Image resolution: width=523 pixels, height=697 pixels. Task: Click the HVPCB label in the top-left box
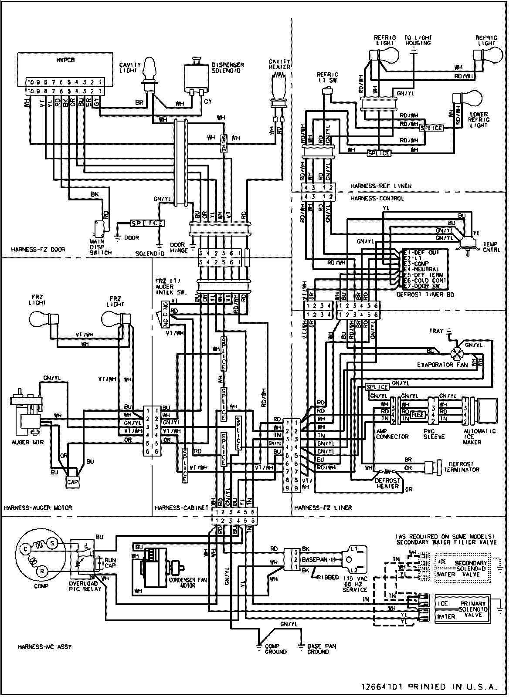(65, 60)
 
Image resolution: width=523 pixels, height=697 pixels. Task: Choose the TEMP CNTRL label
(491, 247)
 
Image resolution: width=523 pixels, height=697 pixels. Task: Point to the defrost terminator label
(462, 467)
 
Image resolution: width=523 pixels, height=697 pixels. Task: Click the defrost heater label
(387, 483)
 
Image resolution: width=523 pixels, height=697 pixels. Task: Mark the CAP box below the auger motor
(72, 481)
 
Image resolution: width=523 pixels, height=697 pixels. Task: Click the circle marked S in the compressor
(52, 543)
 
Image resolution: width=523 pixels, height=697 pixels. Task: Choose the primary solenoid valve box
(462, 609)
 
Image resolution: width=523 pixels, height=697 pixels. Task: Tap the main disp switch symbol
(100, 229)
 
